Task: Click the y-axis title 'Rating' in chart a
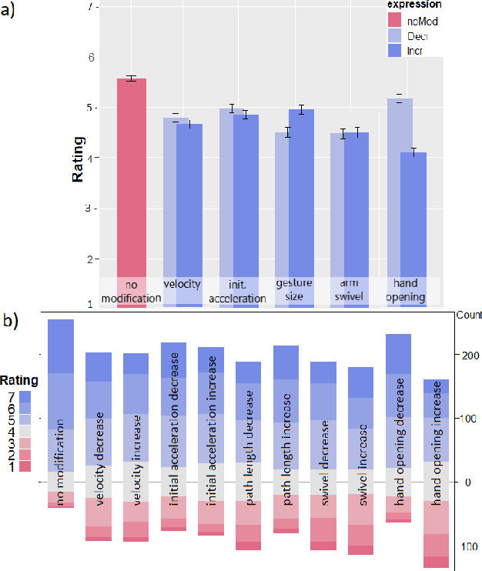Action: coord(78,165)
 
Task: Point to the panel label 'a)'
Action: coord(11,12)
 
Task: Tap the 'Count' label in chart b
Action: coord(468,316)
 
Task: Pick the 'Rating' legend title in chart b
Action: coord(18,380)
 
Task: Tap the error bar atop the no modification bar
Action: coord(132,78)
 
